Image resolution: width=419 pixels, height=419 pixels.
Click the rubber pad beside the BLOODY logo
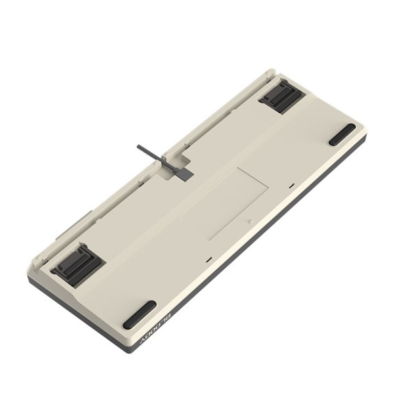(x=139, y=315)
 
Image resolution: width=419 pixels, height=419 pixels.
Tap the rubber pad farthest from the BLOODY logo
(x=341, y=134)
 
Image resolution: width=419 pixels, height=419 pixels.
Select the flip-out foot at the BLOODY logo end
(x=77, y=265)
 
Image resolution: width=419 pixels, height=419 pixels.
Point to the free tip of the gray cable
(x=140, y=147)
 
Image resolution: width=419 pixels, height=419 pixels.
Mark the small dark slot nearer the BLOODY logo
(x=209, y=259)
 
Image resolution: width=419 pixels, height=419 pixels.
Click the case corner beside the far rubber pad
(x=364, y=133)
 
